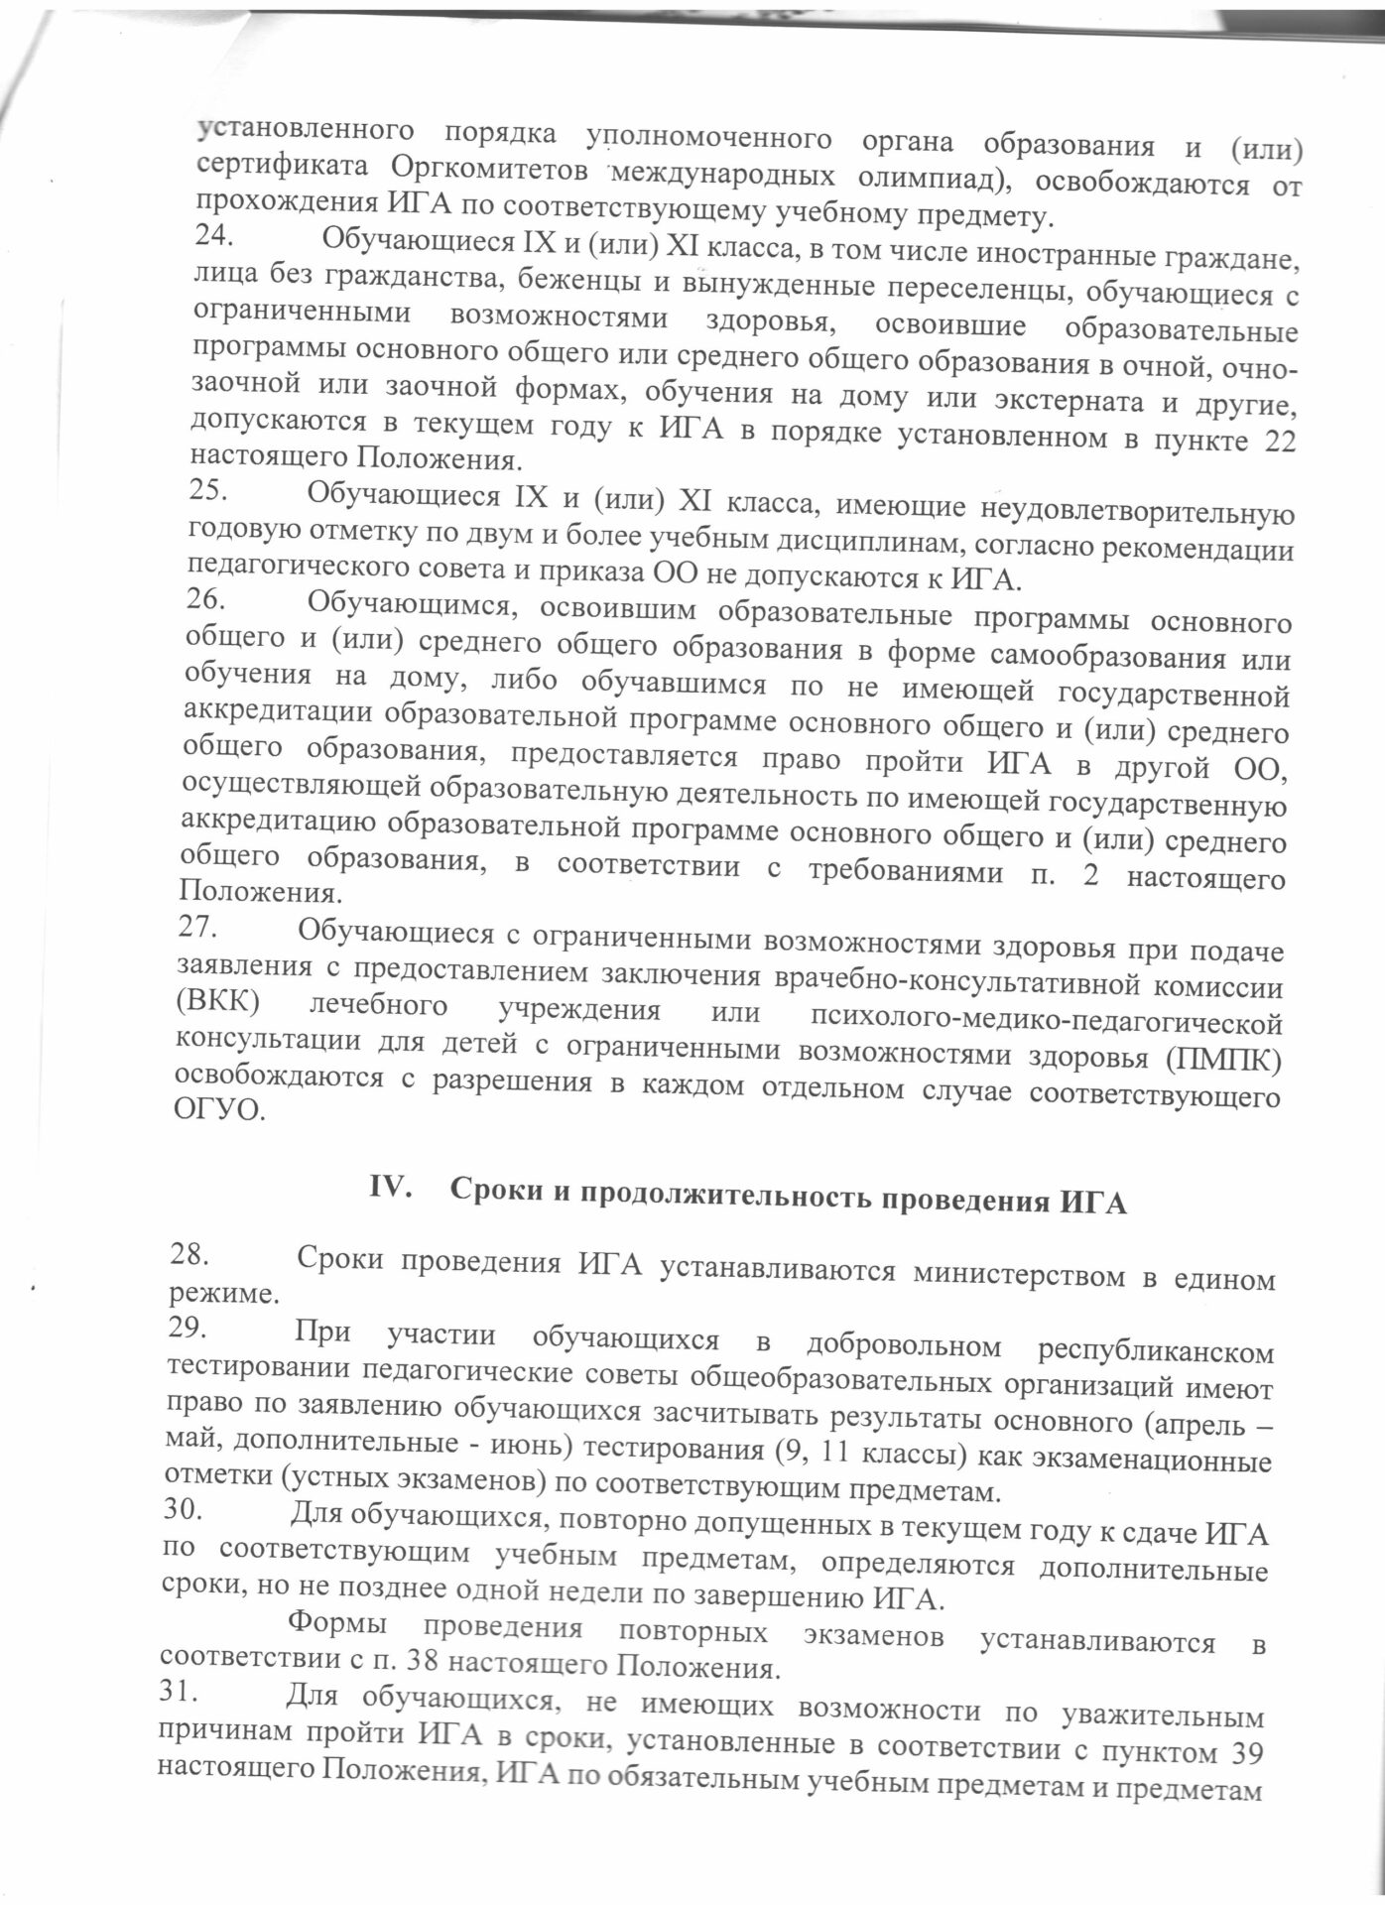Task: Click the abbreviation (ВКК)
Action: [217, 1000]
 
